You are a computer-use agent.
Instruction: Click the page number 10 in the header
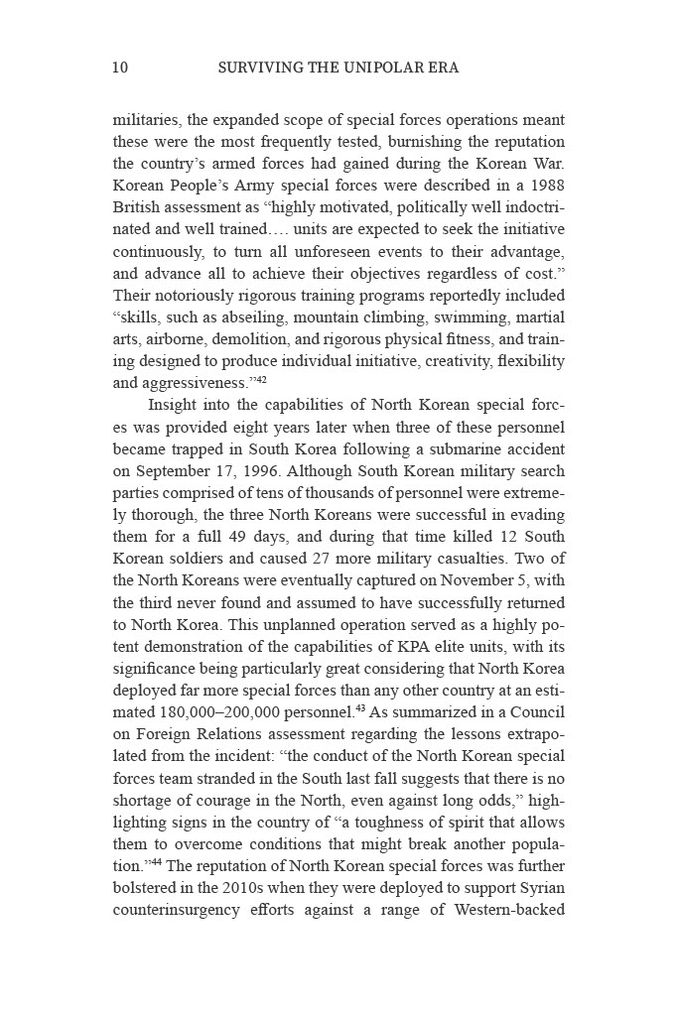click(120, 68)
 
